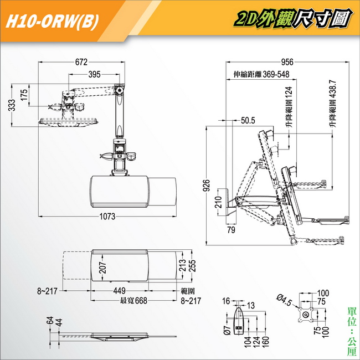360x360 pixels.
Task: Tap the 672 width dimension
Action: pyautogui.click(x=81, y=62)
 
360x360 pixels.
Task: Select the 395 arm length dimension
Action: pyautogui.click(x=94, y=74)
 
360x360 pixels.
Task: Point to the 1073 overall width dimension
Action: pyautogui.click(x=107, y=216)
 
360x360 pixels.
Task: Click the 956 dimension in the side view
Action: pyautogui.click(x=287, y=62)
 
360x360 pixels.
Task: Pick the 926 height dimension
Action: pyautogui.click(x=207, y=186)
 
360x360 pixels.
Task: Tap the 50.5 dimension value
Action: pyautogui.click(x=248, y=120)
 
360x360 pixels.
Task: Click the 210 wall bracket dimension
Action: pyautogui.click(x=218, y=202)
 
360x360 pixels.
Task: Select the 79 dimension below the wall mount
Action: pyautogui.click(x=231, y=230)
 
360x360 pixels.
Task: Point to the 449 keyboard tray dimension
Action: pyautogui.click(x=120, y=291)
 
